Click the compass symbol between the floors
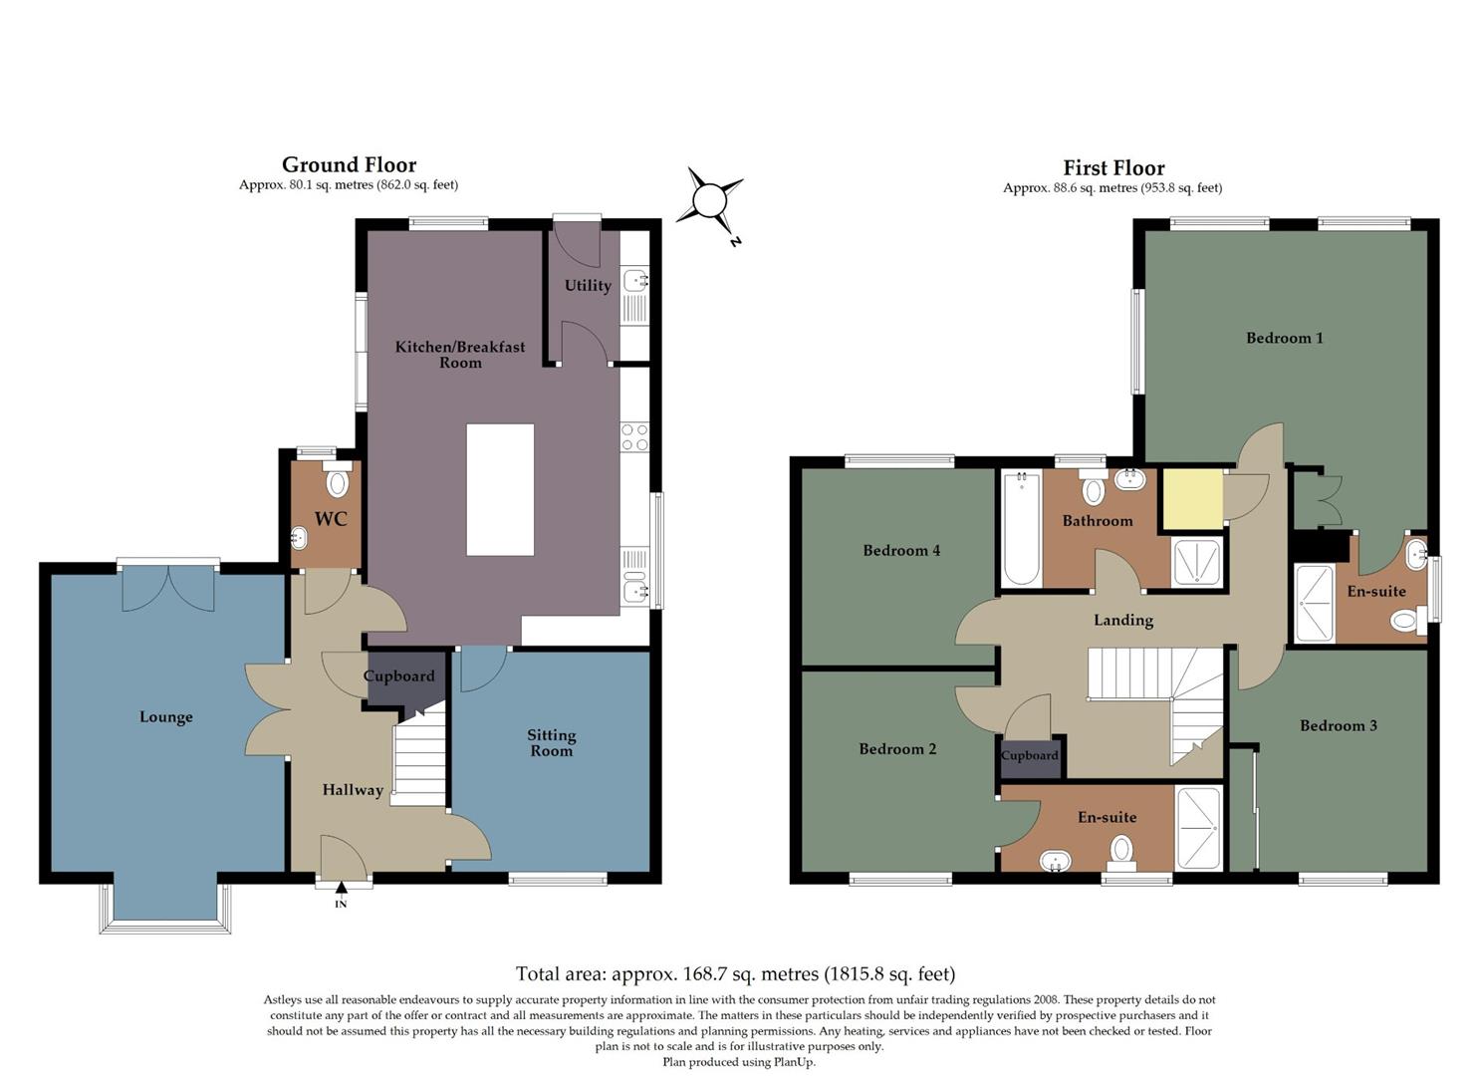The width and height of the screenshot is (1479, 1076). click(709, 201)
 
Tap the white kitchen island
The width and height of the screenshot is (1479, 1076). click(500, 489)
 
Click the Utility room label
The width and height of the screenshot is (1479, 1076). click(588, 286)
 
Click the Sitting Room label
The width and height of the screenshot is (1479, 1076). click(551, 743)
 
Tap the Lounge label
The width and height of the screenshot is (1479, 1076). click(166, 717)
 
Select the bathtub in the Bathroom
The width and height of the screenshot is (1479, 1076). click(1021, 529)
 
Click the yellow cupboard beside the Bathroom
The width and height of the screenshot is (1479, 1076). click(1193, 498)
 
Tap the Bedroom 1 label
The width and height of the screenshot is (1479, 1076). click(1284, 338)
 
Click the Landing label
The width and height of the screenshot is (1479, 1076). click(1122, 620)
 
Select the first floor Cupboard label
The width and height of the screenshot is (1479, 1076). click(1029, 755)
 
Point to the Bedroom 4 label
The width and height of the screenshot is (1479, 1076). click(901, 550)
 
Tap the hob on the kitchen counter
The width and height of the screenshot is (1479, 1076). click(634, 436)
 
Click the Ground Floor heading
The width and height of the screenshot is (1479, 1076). click(349, 164)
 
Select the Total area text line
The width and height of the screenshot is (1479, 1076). click(735, 973)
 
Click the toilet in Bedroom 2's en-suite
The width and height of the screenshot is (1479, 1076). click(1121, 849)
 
